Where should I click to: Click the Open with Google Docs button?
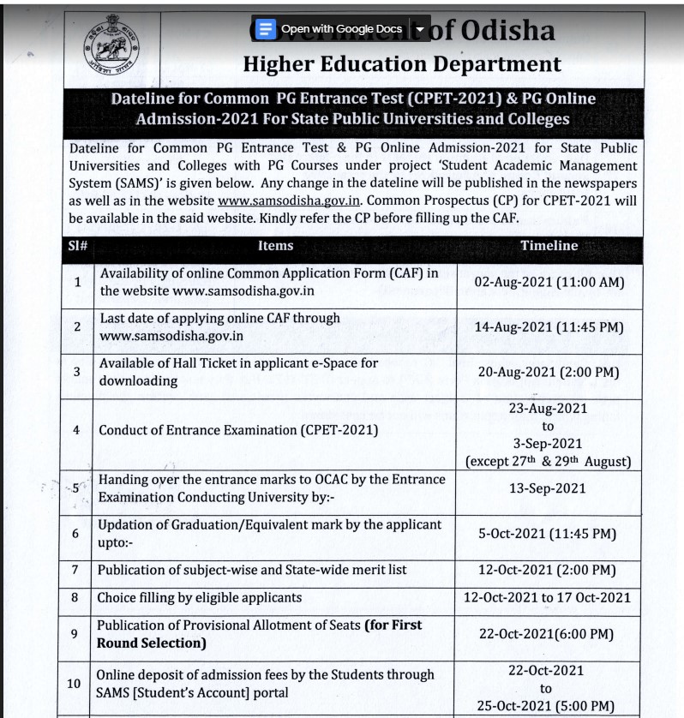point(331,29)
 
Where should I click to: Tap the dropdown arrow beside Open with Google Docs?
point(419,29)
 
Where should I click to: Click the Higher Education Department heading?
point(402,64)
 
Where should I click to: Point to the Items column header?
point(275,246)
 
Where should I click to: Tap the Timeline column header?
point(549,246)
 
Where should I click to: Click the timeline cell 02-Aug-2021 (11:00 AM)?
point(549,282)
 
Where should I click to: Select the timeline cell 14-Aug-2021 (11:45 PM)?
point(549,326)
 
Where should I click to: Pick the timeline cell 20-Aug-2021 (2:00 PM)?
point(549,372)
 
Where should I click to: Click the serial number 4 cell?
point(77,430)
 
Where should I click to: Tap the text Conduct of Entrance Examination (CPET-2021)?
point(238,430)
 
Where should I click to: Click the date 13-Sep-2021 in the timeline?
point(548,488)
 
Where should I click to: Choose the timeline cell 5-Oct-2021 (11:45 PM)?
point(547,534)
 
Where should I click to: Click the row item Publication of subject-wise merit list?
point(252,570)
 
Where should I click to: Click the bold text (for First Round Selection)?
point(260,634)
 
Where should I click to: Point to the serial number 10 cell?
point(75,683)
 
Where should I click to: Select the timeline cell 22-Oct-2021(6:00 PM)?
point(548,634)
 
